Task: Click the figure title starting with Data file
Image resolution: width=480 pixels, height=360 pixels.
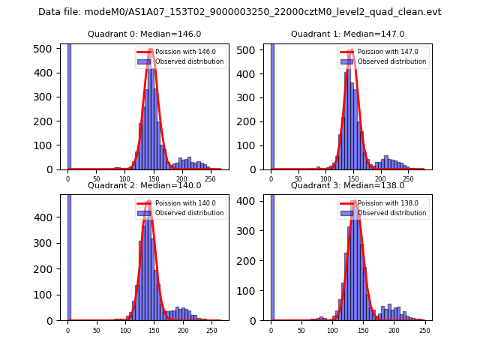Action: coord(239,12)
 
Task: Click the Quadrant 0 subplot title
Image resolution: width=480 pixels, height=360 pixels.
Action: coord(144,34)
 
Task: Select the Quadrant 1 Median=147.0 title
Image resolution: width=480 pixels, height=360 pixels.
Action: coord(347,34)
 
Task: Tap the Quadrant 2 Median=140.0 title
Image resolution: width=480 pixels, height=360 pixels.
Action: coord(144,185)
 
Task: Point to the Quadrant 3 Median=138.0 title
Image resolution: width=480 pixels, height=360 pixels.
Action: coord(347,185)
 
